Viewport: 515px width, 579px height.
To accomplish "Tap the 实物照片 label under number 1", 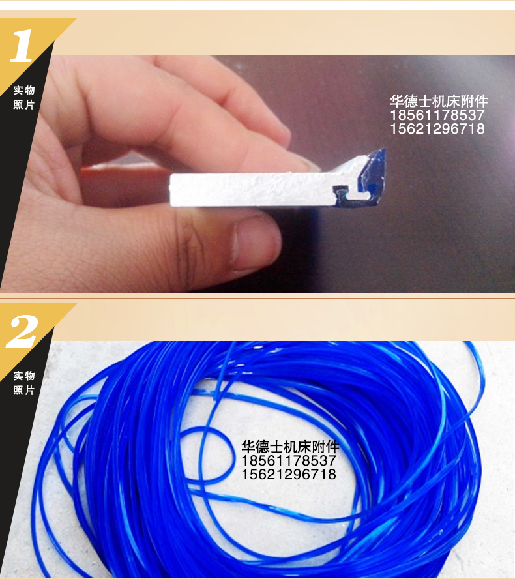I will click(24, 97).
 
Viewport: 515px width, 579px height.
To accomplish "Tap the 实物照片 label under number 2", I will click(24, 383).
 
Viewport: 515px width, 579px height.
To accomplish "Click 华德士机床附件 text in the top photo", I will click(438, 102).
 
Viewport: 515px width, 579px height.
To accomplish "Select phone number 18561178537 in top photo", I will click(437, 115).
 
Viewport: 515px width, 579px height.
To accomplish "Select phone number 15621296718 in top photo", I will click(437, 129).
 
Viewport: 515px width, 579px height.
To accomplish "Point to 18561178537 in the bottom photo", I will click(289, 461).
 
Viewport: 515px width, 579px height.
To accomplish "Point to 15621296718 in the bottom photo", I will click(289, 475).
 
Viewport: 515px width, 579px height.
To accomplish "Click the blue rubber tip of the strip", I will click(374, 163).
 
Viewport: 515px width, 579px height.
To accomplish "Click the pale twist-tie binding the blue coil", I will click(215, 395).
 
